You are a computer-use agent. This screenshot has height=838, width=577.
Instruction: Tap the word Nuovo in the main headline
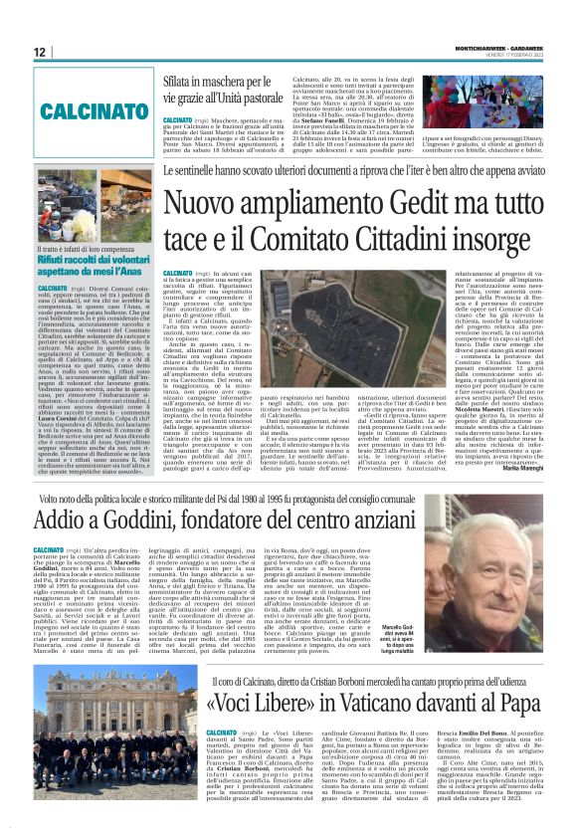[x=205, y=204]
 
